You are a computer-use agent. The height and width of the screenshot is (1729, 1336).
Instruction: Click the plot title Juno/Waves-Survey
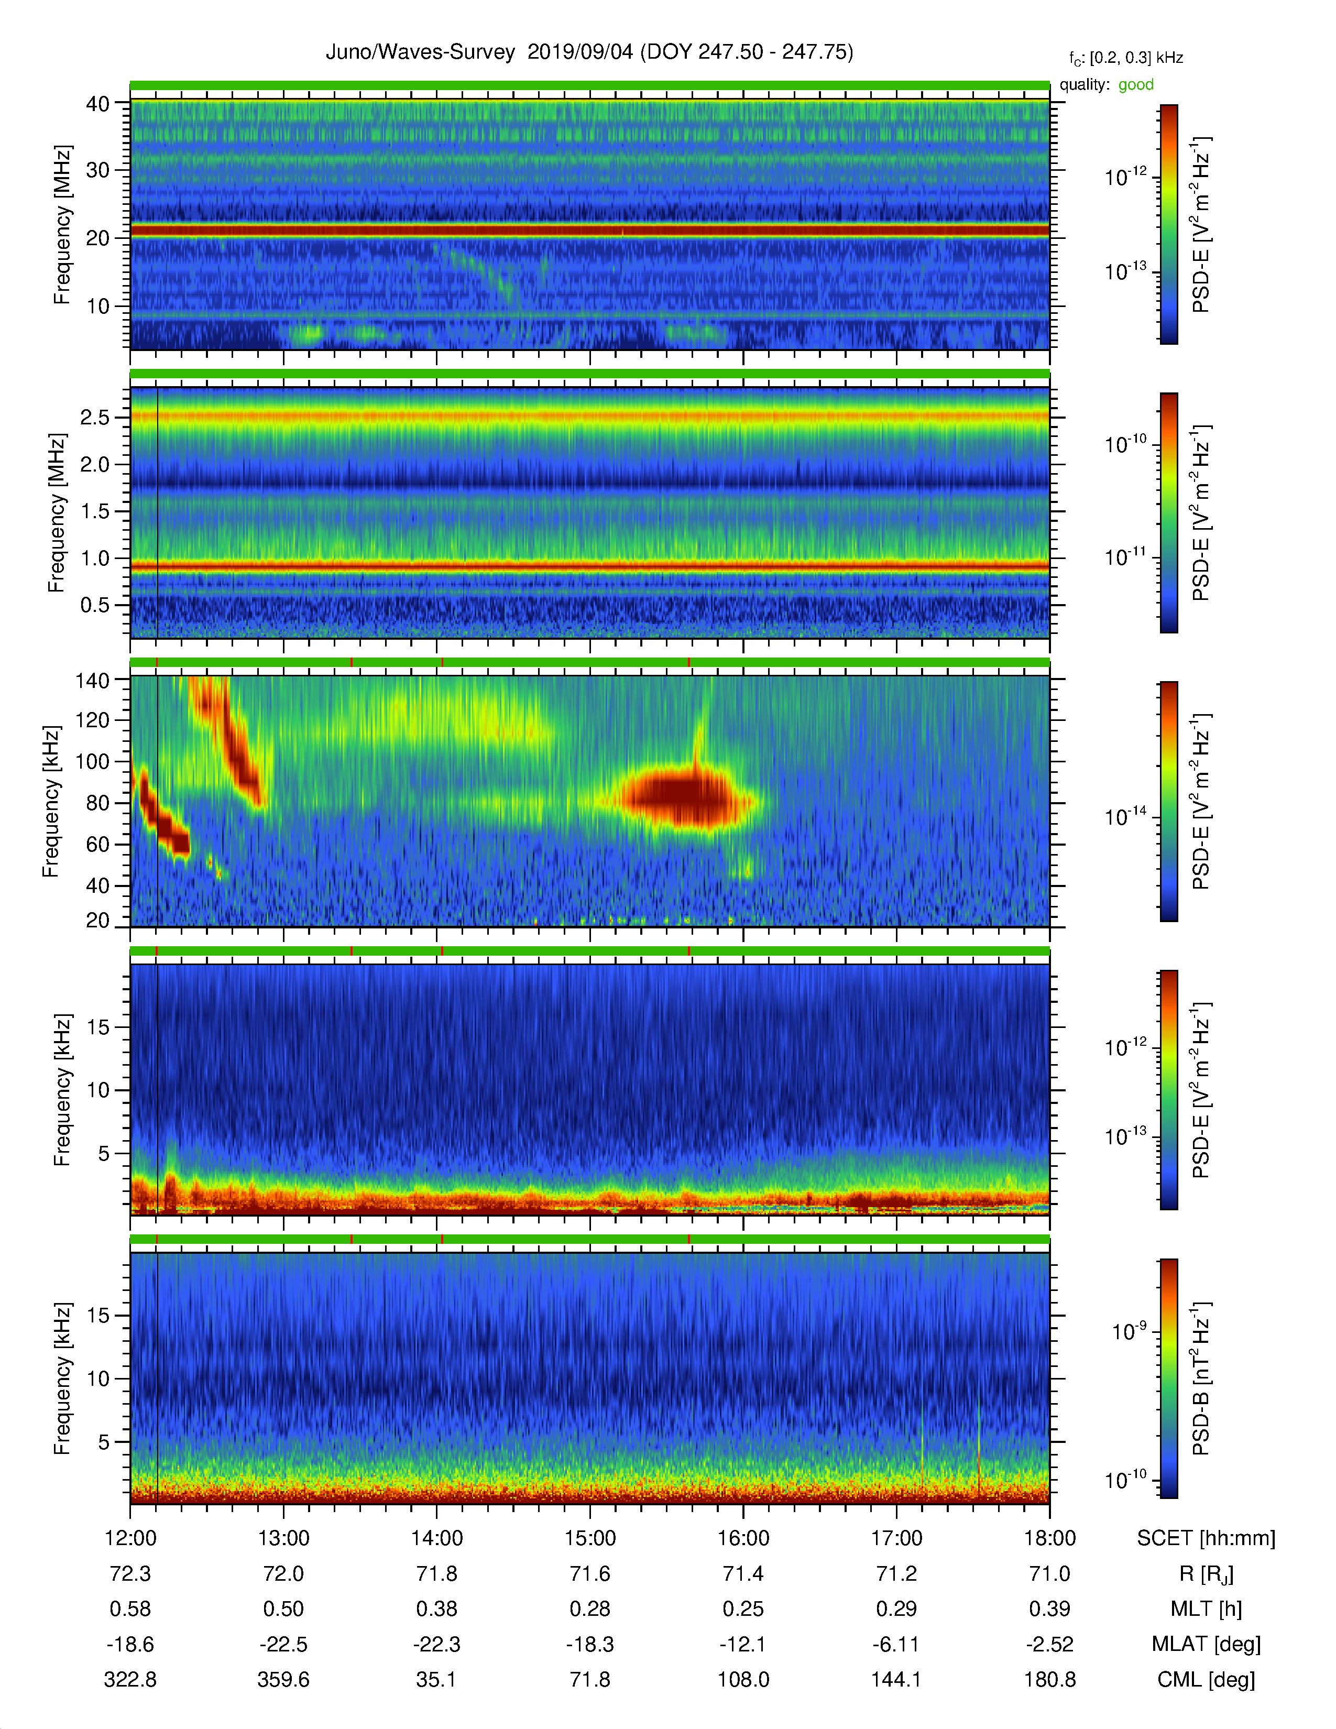(420, 52)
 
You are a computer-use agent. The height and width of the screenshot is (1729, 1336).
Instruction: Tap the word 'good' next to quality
(1136, 85)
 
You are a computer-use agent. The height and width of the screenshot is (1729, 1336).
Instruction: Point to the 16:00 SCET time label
(743, 1538)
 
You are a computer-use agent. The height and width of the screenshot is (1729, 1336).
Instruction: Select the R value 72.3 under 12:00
(130, 1574)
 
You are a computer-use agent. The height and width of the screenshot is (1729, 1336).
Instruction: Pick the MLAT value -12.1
(743, 1644)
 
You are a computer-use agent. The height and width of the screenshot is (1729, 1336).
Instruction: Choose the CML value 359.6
(283, 1680)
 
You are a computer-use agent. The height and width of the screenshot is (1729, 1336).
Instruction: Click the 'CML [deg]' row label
(1206, 1680)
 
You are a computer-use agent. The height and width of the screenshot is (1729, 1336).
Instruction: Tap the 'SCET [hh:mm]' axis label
(1206, 1538)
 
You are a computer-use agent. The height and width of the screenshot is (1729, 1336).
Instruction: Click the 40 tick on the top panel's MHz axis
(97, 104)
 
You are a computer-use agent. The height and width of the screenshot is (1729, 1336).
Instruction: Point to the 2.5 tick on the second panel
(95, 417)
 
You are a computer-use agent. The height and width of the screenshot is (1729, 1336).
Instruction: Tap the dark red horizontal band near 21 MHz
(589, 231)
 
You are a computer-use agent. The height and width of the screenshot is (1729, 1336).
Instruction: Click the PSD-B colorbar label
(1201, 1378)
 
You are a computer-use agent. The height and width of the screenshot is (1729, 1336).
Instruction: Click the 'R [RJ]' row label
(1206, 1574)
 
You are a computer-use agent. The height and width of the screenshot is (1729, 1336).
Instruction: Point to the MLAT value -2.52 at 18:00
(1049, 1644)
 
